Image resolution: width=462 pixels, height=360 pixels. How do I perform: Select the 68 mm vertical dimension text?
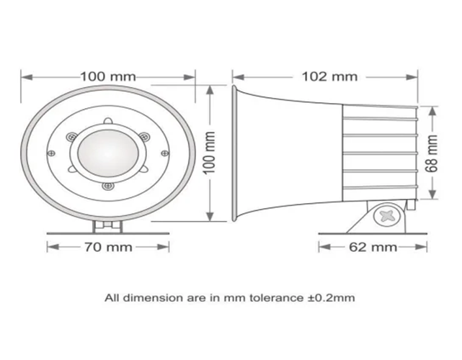coord(431,153)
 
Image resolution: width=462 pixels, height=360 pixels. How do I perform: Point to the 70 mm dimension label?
coord(109,247)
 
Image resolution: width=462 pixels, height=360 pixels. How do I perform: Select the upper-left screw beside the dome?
coord(72,137)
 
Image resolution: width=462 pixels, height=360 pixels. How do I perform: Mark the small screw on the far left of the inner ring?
coord(51,152)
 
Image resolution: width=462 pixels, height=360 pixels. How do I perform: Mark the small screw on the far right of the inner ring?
coord(164,152)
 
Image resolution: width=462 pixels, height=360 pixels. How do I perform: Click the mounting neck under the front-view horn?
coord(107,225)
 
